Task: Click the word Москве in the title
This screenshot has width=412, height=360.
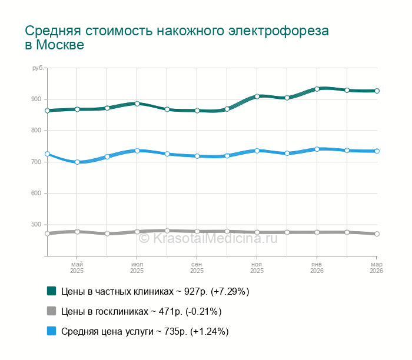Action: (x=60, y=45)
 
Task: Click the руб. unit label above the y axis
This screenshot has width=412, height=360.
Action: (x=38, y=69)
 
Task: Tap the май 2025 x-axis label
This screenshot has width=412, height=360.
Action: (x=77, y=268)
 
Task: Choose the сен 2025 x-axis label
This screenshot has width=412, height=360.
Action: (x=197, y=268)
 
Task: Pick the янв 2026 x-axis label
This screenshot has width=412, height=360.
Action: (x=317, y=268)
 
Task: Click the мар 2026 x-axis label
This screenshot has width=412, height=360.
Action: (x=376, y=268)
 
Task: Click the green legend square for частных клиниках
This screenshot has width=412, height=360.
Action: (x=51, y=291)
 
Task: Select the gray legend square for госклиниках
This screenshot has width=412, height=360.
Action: (x=51, y=311)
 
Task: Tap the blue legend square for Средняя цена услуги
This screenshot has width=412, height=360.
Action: (x=51, y=332)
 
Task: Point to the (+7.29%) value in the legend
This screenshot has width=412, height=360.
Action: (x=228, y=291)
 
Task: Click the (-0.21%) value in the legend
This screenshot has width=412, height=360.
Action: (x=201, y=312)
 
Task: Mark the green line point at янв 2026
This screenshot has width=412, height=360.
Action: (x=317, y=89)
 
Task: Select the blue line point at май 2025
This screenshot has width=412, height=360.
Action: (x=77, y=162)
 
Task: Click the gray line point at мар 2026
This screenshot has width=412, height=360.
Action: (x=377, y=234)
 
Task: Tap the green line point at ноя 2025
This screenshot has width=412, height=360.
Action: (x=257, y=96)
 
